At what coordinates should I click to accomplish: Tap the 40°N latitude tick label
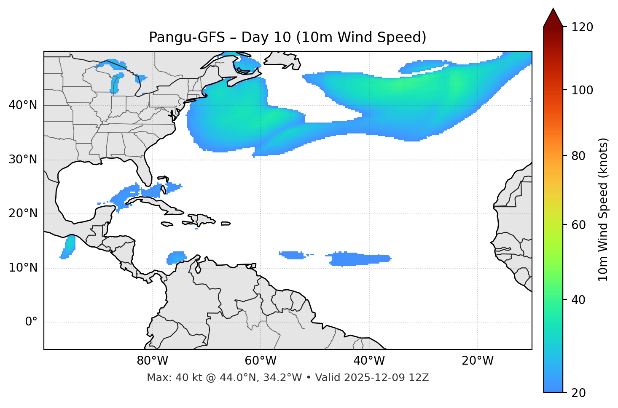click(23, 105)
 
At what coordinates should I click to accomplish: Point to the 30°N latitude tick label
click(23, 160)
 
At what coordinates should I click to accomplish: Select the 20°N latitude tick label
click(23, 213)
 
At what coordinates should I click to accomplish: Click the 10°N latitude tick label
click(23, 268)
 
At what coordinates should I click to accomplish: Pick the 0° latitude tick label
click(31, 322)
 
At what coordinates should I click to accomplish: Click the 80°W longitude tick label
click(152, 361)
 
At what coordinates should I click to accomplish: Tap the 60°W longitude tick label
click(261, 361)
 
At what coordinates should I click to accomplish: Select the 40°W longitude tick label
click(369, 361)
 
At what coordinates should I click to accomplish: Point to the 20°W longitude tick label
click(477, 361)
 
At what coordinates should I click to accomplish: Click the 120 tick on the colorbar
click(582, 27)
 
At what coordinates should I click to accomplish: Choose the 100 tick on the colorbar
click(582, 90)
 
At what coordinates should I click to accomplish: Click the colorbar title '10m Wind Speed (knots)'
click(603, 210)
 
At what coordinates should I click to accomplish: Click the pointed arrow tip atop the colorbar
click(553, 10)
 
